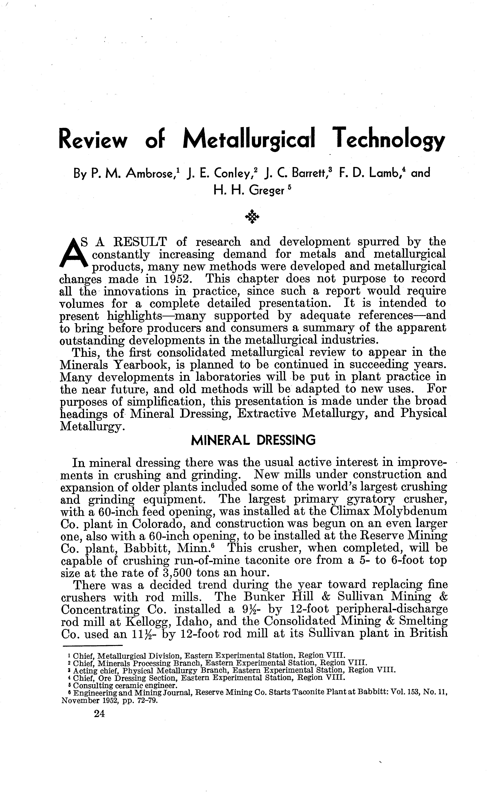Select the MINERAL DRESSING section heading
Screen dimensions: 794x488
point(253,440)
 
